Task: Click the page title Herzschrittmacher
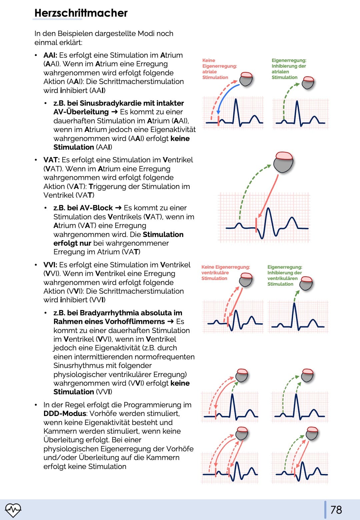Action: pos(81,13)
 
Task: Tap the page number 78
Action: pos(336,510)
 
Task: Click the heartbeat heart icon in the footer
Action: pos(13,510)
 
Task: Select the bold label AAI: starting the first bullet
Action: pos(50,55)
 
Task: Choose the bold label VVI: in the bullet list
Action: pos(50,265)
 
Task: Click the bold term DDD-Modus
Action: pos(65,413)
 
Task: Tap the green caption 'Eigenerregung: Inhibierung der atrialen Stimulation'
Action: pos(289,69)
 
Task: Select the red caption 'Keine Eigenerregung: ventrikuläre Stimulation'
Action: pos(226,273)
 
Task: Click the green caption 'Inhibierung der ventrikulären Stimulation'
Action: pos(285,278)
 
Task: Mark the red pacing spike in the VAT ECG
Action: pos(256,225)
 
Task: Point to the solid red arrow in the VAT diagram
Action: pos(268,196)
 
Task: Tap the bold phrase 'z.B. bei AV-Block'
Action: pos(83,208)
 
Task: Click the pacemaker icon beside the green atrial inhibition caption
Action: pos(308,83)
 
